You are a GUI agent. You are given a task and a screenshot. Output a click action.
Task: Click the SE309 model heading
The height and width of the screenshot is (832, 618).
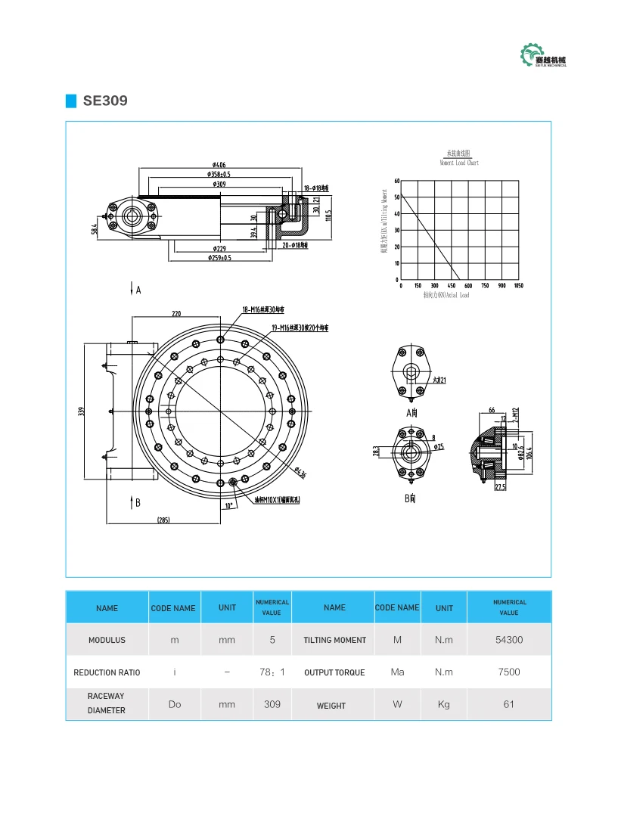(x=105, y=101)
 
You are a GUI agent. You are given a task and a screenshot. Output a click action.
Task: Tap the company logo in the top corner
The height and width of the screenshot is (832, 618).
(x=543, y=57)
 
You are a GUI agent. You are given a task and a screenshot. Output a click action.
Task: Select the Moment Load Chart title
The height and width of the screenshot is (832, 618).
(x=459, y=158)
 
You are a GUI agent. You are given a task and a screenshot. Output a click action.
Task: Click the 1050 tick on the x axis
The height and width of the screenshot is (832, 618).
(x=518, y=286)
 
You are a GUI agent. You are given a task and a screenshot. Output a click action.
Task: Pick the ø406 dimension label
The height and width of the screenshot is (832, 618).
(x=219, y=164)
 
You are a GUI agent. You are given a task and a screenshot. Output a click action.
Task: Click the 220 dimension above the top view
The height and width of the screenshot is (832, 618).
(x=176, y=313)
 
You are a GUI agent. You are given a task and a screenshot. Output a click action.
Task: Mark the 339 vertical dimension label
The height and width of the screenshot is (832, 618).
(x=81, y=411)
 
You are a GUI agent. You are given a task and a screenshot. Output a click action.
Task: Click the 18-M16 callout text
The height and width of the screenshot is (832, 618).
(x=262, y=309)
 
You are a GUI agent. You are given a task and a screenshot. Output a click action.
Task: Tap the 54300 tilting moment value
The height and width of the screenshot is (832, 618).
(x=508, y=640)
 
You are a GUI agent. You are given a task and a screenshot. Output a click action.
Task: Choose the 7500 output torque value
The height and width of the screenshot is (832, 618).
(x=508, y=672)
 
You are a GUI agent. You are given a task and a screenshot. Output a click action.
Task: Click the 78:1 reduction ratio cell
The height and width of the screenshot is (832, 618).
(x=272, y=672)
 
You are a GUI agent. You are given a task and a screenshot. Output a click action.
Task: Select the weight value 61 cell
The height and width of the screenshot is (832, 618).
(x=508, y=704)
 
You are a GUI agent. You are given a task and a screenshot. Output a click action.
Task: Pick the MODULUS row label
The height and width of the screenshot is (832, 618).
(x=107, y=640)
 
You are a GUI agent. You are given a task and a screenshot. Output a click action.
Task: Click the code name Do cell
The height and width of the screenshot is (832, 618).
(x=175, y=704)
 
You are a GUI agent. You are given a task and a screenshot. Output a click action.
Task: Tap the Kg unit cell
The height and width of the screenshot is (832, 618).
(x=444, y=704)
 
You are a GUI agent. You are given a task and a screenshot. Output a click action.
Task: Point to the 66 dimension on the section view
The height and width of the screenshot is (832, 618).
(x=492, y=409)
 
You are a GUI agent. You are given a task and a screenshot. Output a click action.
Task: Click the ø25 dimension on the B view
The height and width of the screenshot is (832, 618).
(x=439, y=447)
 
